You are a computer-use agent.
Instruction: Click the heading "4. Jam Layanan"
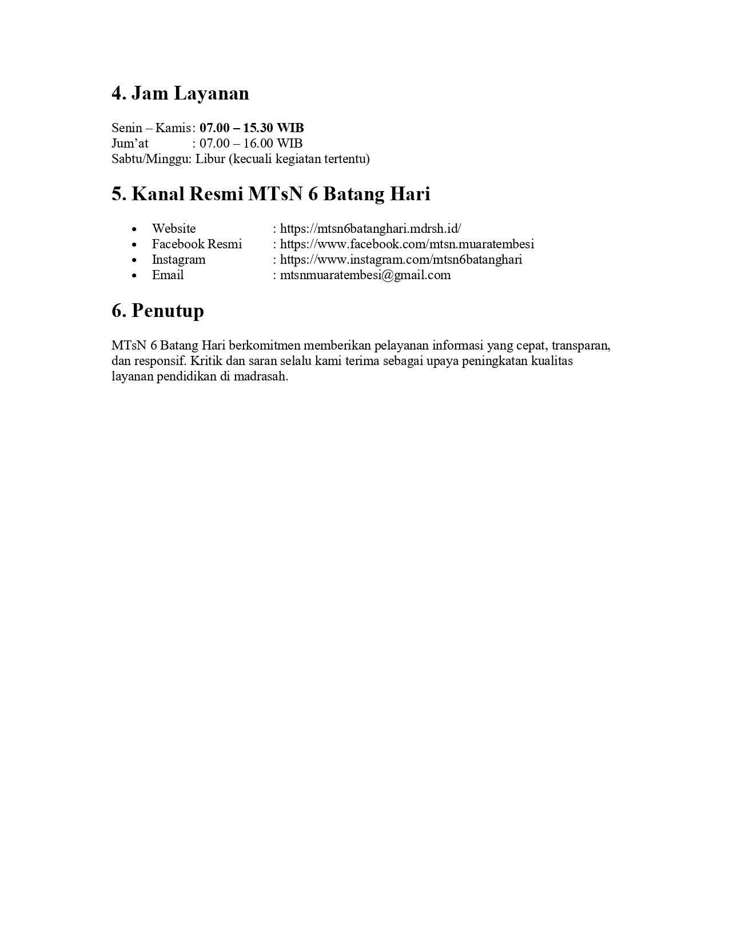(180, 93)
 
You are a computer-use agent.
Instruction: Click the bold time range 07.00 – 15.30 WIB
(252, 128)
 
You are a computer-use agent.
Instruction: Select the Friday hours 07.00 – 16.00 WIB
(251, 143)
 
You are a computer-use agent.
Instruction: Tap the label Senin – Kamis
(151, 128)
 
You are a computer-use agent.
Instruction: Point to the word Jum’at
(130, 143)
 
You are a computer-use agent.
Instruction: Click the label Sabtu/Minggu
(151, 158)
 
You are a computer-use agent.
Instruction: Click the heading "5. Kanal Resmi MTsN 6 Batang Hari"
(270, 194)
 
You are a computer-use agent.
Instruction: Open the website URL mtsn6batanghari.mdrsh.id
(371, 229)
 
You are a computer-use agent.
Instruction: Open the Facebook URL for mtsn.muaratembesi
(407, 244)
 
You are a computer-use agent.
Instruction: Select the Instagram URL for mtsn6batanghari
(401, 260)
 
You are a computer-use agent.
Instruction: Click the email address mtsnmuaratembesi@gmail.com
(365, 275)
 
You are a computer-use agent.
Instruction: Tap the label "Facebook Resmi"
(197, 244)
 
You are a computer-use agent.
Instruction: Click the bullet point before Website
(134, 229)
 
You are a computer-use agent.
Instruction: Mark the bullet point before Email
(134, 276)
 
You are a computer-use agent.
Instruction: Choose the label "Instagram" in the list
(178, 260)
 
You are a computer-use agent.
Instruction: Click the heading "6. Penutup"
(158, 311)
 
